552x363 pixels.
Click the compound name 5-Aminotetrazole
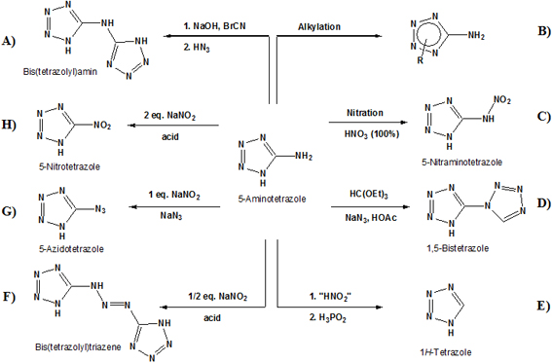272,200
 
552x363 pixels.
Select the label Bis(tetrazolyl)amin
60,72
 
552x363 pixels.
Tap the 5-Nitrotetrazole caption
69,166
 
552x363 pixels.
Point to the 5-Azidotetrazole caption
71,249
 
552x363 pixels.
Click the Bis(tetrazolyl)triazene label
78,347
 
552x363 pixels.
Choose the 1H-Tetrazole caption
445,351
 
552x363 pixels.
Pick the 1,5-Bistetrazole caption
458,248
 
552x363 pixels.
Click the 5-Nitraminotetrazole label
461,163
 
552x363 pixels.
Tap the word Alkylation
319,26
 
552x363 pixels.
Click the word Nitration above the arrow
365,113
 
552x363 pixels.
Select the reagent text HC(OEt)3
369,195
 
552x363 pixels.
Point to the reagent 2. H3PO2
328,318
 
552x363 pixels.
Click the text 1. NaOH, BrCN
214,26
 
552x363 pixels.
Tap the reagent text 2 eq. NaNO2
169,116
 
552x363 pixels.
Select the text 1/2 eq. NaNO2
217,297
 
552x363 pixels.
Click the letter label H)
9,125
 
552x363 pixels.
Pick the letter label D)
544,203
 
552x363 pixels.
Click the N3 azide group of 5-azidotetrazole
100,210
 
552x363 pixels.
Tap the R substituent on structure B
420,60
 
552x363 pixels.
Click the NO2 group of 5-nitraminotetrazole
502,100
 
